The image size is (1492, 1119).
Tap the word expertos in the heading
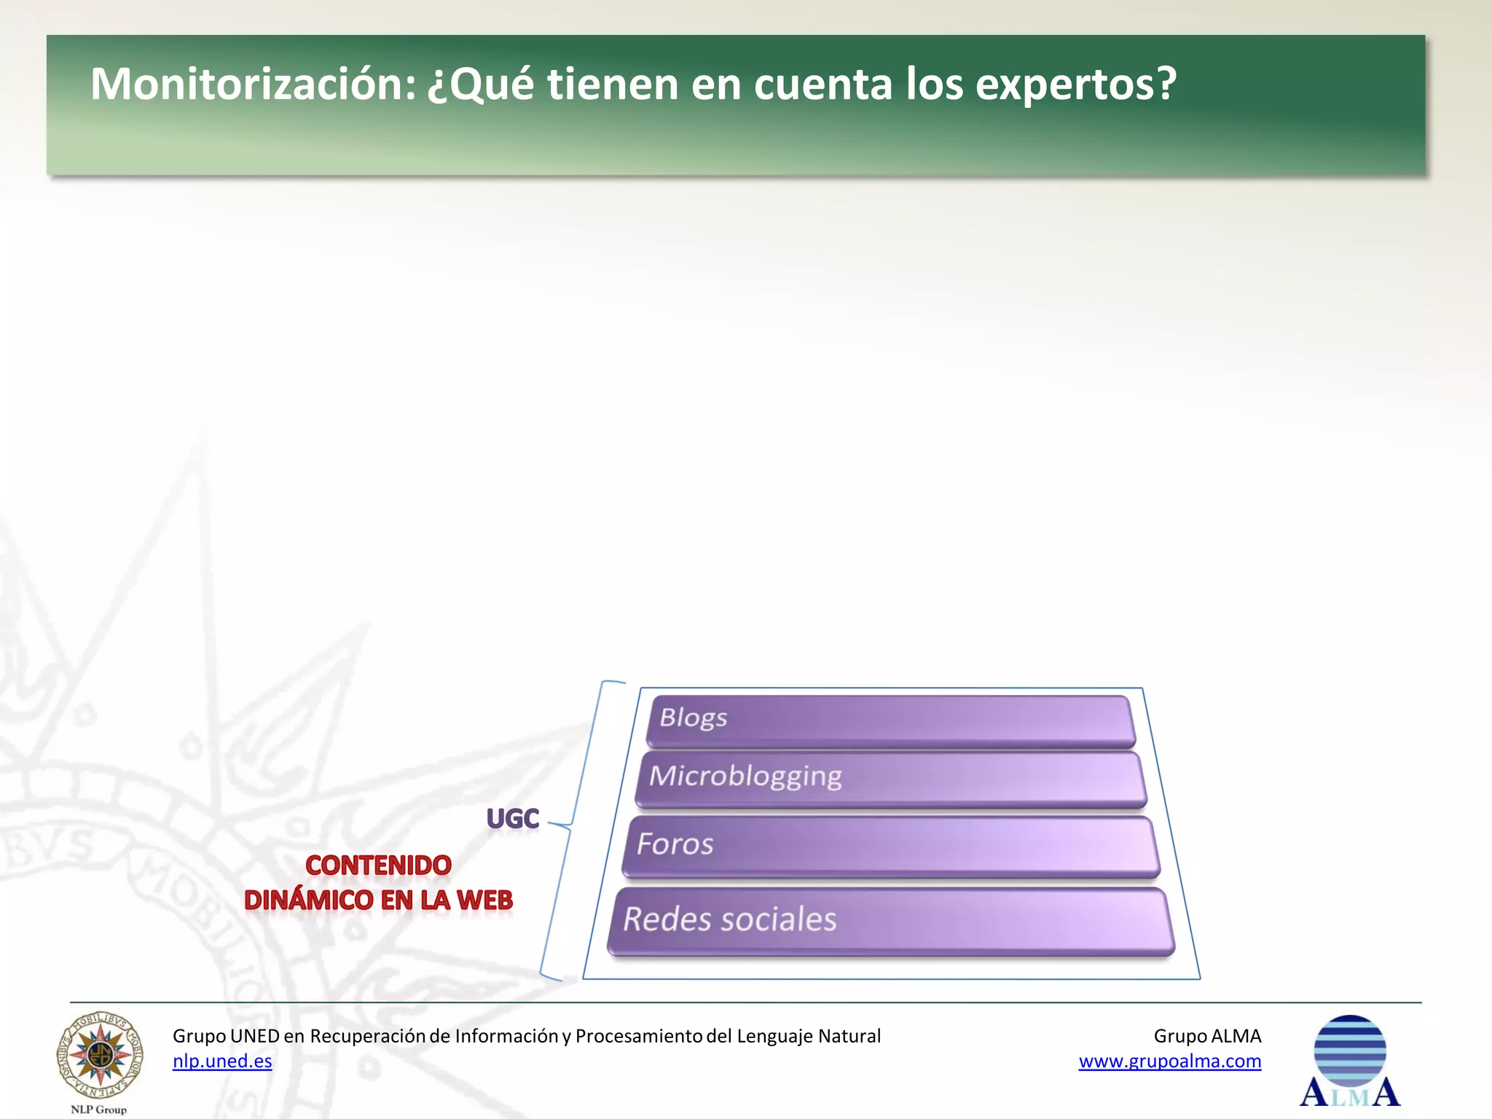click(1075, 85)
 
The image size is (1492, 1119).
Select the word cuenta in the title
click(822, 85)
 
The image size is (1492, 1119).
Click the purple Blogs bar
click(890, 721)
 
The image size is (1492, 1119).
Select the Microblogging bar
click(890, 779)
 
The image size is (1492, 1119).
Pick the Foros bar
click(890, 846)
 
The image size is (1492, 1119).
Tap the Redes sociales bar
click(890, 920)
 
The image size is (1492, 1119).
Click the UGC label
click(513, 819)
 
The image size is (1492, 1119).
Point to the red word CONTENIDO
click(378, 865)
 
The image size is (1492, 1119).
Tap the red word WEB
click(484, 900)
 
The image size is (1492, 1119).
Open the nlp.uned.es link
click(222, 1061)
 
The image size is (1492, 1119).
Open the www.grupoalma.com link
click(1169, 1061)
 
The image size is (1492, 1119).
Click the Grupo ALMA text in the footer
click(1207, 1036)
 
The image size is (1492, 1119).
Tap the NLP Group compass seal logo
click(100, 1055)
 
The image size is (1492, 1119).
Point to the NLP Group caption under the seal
click(98, 1110)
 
